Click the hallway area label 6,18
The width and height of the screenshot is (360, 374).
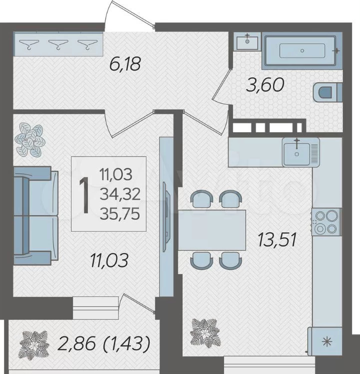click(x=124, y=64)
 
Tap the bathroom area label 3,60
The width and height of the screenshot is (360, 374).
click(x=265, y=85)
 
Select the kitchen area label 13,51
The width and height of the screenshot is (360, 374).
click(x=277, y=239)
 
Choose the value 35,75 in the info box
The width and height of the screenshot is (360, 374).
click(x=120, y=213)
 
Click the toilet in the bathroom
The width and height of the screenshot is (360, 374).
click(x=328, y=92)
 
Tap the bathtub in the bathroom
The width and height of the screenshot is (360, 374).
click(x=302, y=50)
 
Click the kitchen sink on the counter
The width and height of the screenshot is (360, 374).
click(x=301, y=152)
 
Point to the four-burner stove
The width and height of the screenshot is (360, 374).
click(x=327, y=222)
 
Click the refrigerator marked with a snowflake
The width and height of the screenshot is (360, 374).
click(x=325, y=342)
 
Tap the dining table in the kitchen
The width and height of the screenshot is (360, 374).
click(x=212, y=230)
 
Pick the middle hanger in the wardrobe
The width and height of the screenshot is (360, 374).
click(x=58, y=44)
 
